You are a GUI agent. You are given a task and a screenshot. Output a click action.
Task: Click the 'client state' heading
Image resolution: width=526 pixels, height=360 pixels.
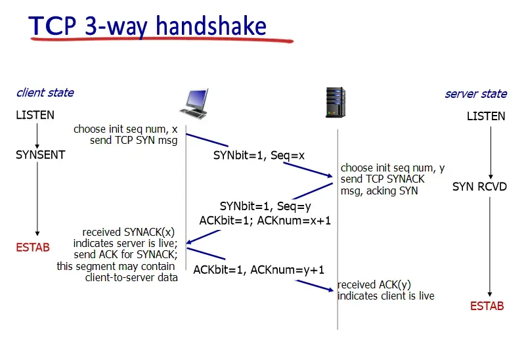point(45,93)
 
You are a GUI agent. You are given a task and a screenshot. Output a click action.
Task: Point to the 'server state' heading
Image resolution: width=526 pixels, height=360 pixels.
point(475,93)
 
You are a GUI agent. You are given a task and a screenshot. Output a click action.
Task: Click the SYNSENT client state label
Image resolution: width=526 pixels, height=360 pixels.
point(41,156)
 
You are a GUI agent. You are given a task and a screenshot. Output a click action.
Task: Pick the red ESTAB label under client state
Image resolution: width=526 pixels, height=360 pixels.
point(32,248)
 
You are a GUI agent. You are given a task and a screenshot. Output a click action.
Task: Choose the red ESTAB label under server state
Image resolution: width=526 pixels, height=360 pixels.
point(487,306)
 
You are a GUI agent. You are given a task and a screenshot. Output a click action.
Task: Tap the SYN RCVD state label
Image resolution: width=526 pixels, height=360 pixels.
point(479,187)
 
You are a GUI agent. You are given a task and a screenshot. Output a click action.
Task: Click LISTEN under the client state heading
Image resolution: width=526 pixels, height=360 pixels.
point(35,116)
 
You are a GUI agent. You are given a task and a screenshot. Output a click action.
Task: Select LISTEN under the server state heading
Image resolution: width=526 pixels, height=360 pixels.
point(486,116)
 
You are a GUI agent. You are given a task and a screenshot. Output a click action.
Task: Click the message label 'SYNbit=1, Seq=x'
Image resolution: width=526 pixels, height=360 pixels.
point(259,156)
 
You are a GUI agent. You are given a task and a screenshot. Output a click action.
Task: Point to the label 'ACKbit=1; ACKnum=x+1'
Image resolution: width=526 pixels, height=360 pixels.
point(265,221)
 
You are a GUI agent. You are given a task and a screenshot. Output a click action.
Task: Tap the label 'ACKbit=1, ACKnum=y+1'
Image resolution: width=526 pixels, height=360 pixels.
point(259,269)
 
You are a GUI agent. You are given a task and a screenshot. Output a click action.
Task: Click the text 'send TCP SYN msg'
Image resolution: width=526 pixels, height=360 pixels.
point(135,140)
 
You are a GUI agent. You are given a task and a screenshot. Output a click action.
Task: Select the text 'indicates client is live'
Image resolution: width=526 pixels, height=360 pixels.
point(385,296)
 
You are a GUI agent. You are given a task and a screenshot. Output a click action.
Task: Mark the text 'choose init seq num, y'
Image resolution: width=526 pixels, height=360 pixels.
point(393,168)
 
